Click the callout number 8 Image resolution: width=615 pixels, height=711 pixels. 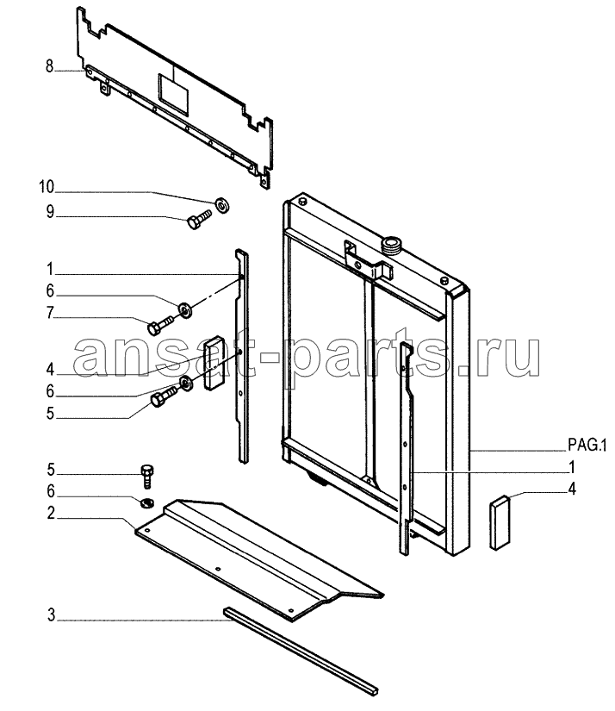(49, 66)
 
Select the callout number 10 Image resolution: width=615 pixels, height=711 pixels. (47, 187)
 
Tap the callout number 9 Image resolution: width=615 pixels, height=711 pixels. (50, 212)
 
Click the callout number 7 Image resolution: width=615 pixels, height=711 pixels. (50, 313)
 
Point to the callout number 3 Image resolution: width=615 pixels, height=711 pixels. (51, 615)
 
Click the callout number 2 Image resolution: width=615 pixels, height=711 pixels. (51, 514)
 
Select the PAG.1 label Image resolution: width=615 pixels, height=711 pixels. (587, 446)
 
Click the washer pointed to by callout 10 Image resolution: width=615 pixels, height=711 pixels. (222, 206)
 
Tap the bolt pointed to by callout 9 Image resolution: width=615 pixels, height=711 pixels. (200, 219)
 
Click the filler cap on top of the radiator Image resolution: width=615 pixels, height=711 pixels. (392, 246)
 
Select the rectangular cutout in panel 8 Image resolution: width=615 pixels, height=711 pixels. (172, 93)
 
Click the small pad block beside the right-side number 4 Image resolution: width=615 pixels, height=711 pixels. (500, 522)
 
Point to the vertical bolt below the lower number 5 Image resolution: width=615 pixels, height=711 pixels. (146, 476)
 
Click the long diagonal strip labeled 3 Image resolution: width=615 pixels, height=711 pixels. (301, 652)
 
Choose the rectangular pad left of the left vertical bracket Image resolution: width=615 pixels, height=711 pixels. (214, 362)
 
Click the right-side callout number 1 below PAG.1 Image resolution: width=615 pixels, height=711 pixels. (572, 466)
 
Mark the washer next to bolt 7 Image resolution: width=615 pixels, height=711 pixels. (185, 310)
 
